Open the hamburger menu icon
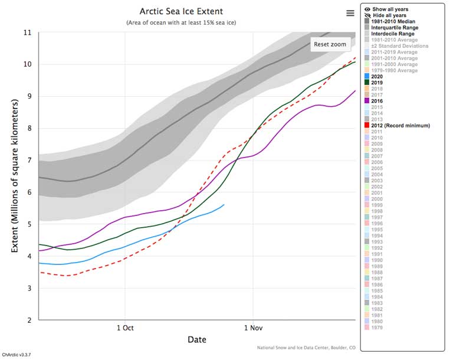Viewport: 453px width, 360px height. [x=350, y=13]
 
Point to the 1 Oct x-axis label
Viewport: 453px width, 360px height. [x=124, y=328]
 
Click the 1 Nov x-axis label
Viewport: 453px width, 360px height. [x=252, y=328]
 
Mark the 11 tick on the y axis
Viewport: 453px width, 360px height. [x=27, y=32]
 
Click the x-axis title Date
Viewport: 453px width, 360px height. [x=196, y=339]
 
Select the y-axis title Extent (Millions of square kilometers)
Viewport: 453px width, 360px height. [x=15, y=176]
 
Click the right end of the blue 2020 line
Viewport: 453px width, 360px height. [x=224, y=204]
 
